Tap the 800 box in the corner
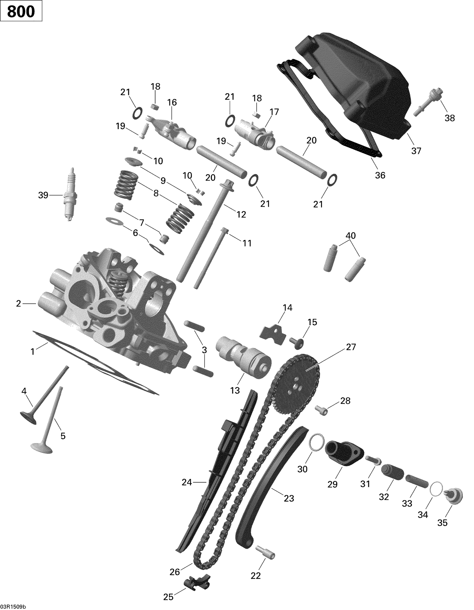21,12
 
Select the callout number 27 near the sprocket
350,347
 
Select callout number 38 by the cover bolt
450,118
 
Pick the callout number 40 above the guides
351,235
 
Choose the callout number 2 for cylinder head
18,304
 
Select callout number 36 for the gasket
380,175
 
